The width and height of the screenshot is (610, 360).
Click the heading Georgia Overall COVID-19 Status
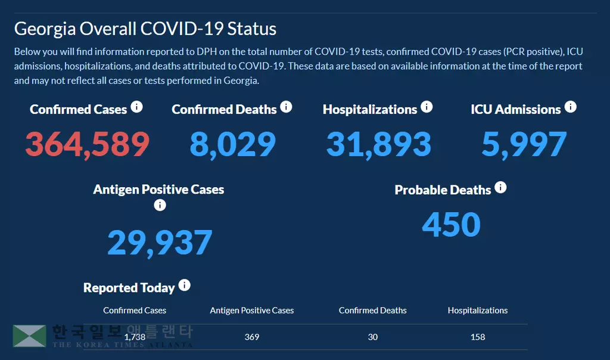pyautogui.click(x=145, y=29)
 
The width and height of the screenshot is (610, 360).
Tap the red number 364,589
pyautogui.click(x=87, y=144)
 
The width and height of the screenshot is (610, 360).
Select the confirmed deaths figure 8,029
pyautogui.click(x=233, y=144)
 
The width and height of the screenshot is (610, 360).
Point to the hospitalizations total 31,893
pyautogui.click(x=378, y=144)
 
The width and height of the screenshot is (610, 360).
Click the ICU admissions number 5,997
pyautogui.click(x=524, y=144)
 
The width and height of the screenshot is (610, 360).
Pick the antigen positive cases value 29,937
pyautogui.click(x=160, y=242)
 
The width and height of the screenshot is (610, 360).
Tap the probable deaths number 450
pyautogui.click(x=451, y=224)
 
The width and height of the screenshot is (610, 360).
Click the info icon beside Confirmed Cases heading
pyautogui.click(x=137, y=107)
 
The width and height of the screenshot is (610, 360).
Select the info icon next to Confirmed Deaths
pyautogui.click(x=287, y=107)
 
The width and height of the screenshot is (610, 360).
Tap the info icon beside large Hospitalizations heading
pyautogui.click(x=427, y=107)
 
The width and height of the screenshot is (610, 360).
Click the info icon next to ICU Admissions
pyautogui.click(x=571, y=107)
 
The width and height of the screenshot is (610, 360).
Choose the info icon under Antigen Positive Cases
pyautogui.click(x=160, y=206)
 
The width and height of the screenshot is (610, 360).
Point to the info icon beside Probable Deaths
pyautogui.click(x=501, y=188)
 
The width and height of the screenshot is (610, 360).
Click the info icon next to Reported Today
pyautogui.click(x=185, y=285)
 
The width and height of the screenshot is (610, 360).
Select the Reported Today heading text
pyautogui.click(x=129, y=288)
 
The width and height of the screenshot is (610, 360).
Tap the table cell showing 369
pyautogui.click(x=252, y=337)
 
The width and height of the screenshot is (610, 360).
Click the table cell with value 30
pyautogui.click(x=373, y=337)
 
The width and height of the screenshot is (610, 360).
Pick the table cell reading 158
pyautogui.click(x=478, y=337)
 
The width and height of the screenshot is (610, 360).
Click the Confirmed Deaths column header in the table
pyautogui.click(x=373, y=311)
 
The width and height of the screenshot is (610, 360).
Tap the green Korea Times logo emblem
pyautogui.click(x=29, y=336)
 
